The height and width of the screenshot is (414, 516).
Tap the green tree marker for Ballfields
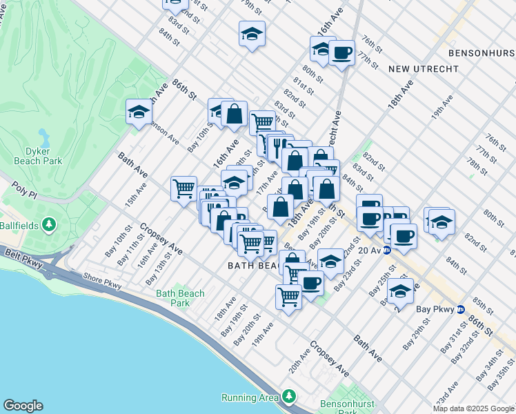click(49, 224)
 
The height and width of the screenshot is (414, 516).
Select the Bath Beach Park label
click(180, 298)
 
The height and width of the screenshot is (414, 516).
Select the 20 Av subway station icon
click(388, 250)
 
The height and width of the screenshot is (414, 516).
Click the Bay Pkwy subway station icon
click(459, 309)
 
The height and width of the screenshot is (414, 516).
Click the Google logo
click(23, 406)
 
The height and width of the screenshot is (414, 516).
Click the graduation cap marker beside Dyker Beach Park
click(138, 112)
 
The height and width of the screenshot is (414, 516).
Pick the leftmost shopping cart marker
click(183, 187)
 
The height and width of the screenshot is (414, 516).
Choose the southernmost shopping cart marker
click(288, 297)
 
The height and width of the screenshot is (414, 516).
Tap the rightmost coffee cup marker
click(404, 235)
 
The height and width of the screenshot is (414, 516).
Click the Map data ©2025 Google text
click(473, 408)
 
